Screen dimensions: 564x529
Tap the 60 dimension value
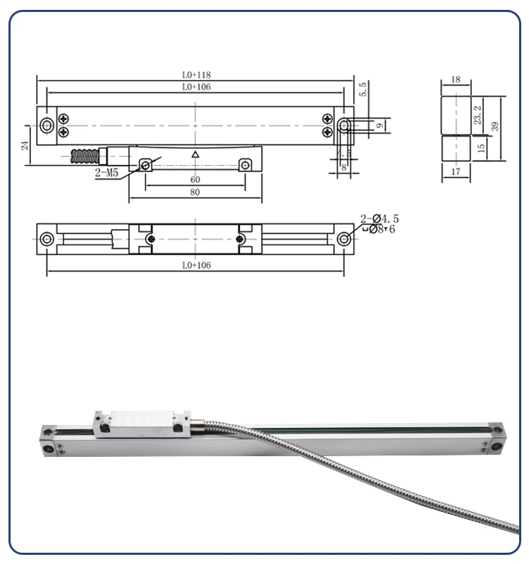[x=195, y=180]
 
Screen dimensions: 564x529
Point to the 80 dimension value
[x=195, y=192]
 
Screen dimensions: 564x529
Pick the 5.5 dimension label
[x=363, y=90]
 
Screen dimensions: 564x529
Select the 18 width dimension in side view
[x=455, y=80]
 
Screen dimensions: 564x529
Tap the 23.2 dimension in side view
[x=478, y=115]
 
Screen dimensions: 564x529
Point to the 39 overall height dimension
[x=495, y=126]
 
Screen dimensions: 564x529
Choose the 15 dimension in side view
[x=481, y=148]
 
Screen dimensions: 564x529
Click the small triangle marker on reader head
[x=195, y=154]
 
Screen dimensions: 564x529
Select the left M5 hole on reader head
[x=146, y=165]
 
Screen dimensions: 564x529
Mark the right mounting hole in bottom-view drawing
[x=343, y=239]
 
